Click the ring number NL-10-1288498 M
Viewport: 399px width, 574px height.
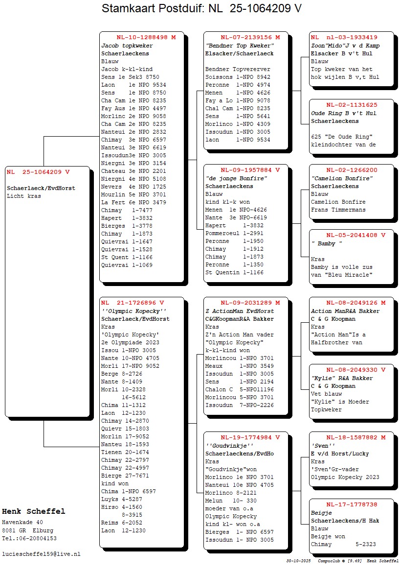pos(146,37)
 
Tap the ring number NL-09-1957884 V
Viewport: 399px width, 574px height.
pos(250,170)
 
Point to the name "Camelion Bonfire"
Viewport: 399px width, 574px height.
pos(341,178)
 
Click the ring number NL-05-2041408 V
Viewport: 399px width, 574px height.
pos(355,235)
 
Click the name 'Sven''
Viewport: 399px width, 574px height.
pos(323,446)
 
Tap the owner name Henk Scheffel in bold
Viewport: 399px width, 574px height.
pos(33,511)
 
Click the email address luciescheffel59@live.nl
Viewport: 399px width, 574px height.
pos(41,554)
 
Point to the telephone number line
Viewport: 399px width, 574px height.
pos(29,538)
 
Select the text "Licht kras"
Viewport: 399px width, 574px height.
pos(24,196)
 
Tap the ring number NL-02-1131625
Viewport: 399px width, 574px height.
pos(352,105)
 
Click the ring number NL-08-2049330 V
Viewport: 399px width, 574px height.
pos(355,370)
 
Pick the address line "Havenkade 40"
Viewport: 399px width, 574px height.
pos(22,522)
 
